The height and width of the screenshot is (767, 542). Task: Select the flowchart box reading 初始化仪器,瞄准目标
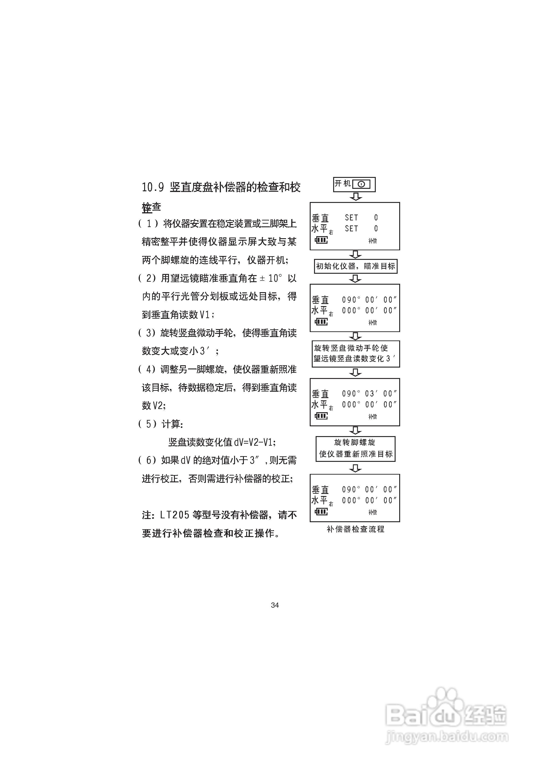[355, 266]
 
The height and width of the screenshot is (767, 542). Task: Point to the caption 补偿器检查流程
[355, 529]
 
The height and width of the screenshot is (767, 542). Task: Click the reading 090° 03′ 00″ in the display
[369, 394]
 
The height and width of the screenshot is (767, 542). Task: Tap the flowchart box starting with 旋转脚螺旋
[355, 449]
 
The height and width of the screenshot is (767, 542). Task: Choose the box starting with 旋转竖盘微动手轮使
[355, 353]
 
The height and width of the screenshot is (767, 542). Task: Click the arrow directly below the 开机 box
[355, 197]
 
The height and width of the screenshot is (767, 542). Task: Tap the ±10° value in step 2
[271, 278]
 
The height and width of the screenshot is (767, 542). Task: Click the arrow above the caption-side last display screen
[355, 468]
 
